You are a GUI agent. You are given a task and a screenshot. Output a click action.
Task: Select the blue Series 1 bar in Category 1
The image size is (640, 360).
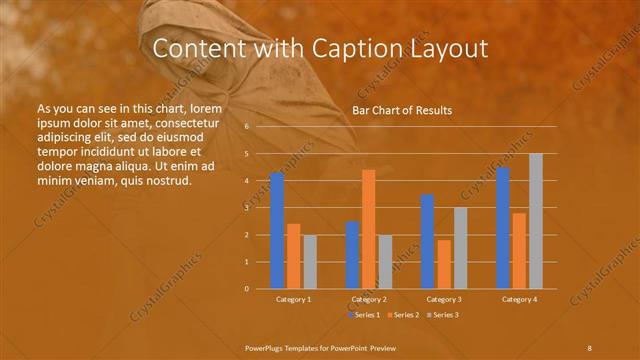(x=277, y=231)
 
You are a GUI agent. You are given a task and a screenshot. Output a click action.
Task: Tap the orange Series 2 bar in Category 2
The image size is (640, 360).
(x=368, y=229)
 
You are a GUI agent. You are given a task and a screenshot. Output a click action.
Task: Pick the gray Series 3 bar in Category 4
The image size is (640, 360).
(x=536, y=221)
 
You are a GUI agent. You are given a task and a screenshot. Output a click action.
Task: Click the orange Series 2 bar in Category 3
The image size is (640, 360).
(x=444, y=264)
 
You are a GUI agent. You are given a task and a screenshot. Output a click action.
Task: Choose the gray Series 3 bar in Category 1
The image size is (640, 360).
(x=310, y=262)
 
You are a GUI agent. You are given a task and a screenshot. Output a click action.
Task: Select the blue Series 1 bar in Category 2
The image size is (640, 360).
(x=352, y=255)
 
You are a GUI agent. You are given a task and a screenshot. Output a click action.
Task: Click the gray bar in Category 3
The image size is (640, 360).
(x=460, y=248)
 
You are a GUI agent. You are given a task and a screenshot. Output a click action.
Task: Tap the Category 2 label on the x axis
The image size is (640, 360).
(x=368, y=299)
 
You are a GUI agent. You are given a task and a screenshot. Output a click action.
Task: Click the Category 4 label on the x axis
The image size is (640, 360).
(x=519, y=299)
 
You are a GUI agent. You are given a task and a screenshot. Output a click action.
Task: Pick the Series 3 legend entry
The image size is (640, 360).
(x=444, y=315)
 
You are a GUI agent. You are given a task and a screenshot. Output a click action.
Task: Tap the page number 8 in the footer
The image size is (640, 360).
(x=589, y=346)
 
